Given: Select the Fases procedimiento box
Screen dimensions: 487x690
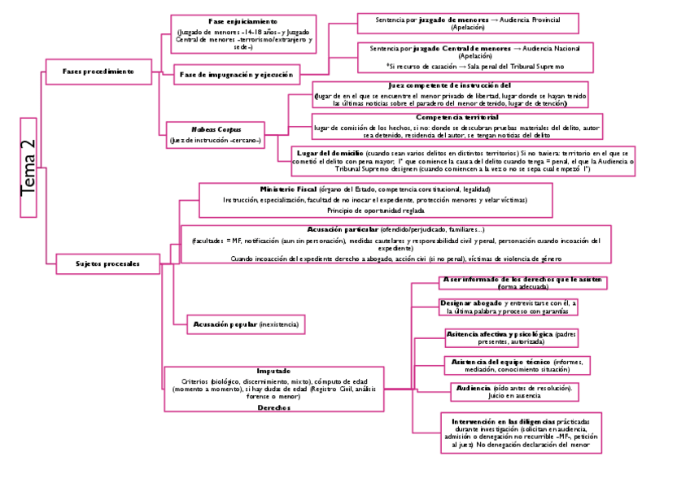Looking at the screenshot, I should coord(98,72).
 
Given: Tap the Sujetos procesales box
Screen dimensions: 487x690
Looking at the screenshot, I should coord(107,263).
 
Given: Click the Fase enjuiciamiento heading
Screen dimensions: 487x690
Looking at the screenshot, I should coord(242,21).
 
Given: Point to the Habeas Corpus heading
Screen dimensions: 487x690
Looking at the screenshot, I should coord(216,129).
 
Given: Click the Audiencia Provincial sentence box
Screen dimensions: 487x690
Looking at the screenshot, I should coord(468,23).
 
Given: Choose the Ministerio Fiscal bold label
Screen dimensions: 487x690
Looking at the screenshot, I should coord(289,189).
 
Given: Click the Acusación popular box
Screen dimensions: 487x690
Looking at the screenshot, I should coord(246,324).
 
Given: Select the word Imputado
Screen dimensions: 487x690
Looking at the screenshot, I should coord(273,371).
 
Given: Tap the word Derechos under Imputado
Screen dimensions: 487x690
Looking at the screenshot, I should coord(273,407).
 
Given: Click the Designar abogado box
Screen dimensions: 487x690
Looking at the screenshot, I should coord(508,307).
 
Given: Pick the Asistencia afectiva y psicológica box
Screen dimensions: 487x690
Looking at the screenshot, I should coord(512,338).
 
